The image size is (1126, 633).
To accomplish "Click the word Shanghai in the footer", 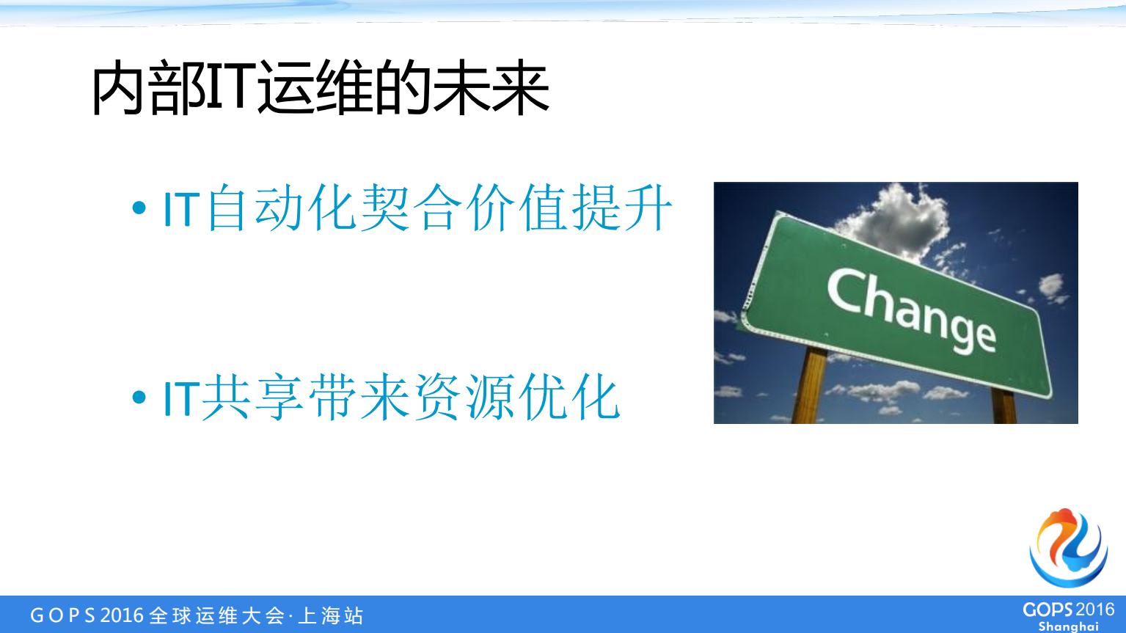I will (x=1068, y=626).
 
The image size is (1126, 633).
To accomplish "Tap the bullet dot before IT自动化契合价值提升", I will (x=139, y=209).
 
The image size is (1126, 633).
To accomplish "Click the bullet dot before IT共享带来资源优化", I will (x=139, y=398).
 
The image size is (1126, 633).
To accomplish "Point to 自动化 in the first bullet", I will (x=282, y=209).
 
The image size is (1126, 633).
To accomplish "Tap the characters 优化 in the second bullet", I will (x=569, y=398).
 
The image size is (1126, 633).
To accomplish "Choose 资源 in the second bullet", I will (x=464, y=398).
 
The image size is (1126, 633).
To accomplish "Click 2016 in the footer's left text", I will (x=122, y=615).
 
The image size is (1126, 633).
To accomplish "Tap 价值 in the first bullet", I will (x=516, y=209).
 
